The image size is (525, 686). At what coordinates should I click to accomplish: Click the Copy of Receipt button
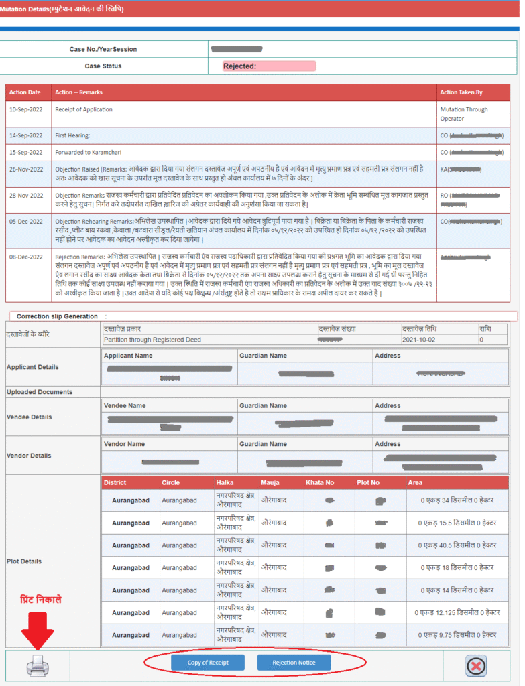[x=208, y=663]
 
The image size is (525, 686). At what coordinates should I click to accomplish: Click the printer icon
[x=38, y=665]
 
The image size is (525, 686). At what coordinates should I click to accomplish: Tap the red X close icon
[x=476, y=665]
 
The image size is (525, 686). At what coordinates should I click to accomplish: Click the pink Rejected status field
[x=269, y=66]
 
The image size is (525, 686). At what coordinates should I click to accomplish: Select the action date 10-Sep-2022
[x=25, y=109]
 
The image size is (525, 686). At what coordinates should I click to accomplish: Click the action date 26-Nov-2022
[x=26, y=169]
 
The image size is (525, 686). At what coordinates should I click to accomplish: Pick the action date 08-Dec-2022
[x=26, y=257]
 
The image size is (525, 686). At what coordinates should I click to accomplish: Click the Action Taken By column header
[x=461, y=92]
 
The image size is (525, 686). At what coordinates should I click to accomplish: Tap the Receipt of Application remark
[x=84, y=109]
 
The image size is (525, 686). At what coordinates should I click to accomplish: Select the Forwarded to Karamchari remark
[x=89, y=152]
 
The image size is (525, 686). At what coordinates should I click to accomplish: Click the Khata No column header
[x=320, y=482]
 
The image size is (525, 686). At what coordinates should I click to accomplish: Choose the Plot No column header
[x=368, y=482]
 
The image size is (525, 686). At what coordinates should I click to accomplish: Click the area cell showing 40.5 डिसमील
[x=458, y=545]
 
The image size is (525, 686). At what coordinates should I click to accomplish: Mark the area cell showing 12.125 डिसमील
[x=457, y=612]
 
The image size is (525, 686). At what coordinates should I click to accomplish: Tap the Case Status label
[x=103, y=66]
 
